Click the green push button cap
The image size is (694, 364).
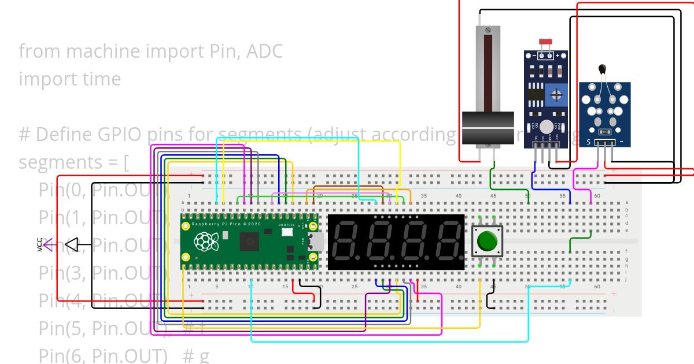pyautogui.click(x=488, y=240)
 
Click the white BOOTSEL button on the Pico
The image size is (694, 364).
pyautogui.click(x=287, y=232)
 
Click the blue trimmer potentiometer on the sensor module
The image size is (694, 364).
pyautogui.click(x=556, y=94)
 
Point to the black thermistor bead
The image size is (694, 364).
pyautogui.click(x=603, y=69)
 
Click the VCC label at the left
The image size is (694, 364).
pyautogui.click(x=40, y=246)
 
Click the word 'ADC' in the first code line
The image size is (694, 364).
pyautogui.click(x=264, y=51)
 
